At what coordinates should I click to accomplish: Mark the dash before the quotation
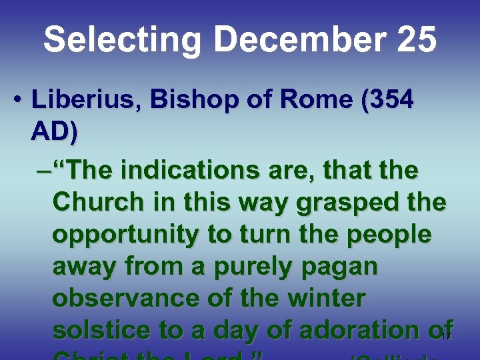point(43,171)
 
